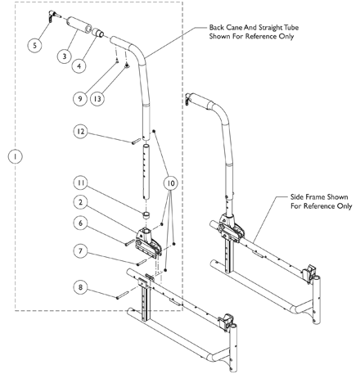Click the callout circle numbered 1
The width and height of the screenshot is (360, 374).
[16, 156]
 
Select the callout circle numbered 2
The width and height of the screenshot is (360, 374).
[80, 202]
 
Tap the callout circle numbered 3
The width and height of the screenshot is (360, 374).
[65, 56]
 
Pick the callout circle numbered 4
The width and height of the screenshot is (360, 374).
[79, 65]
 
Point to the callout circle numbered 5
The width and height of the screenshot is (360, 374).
[34, 45]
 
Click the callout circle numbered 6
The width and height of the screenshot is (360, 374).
[80, 223]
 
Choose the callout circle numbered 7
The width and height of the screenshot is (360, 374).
[80, 251]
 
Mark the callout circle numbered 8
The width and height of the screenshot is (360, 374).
[80, 287]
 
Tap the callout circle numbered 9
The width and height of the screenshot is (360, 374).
[80, 98]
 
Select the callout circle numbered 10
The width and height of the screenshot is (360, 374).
[171, 183]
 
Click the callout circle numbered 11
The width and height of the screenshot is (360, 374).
[80, 182]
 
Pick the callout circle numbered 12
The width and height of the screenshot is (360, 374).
[80, 132]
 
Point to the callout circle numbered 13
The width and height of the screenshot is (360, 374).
[97, 98]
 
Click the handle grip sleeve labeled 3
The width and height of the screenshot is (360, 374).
[79, 25]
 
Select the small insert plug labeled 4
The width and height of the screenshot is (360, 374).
[98, 33]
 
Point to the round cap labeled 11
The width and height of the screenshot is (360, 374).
[147, 215]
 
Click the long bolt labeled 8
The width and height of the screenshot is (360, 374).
[123, 295]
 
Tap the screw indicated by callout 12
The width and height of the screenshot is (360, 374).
[136, 142]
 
